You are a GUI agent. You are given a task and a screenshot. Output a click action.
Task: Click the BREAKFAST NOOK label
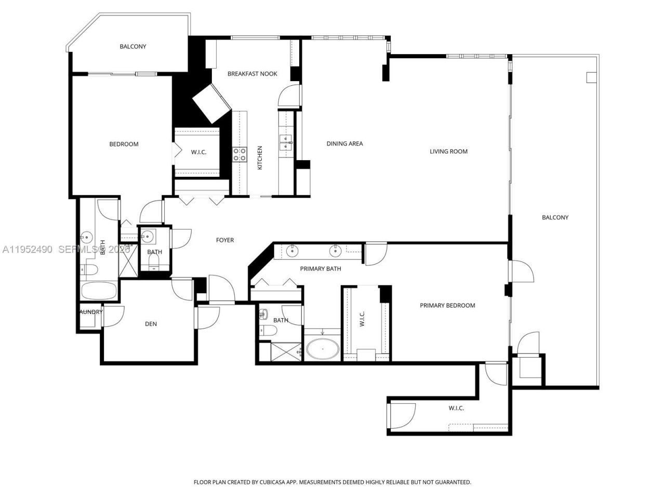pos(252,74)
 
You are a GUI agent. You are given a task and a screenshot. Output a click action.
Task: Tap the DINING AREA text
pos(344,143)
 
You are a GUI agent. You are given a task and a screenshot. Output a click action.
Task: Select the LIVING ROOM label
pos(448,151)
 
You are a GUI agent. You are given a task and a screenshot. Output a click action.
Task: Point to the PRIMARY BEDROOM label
pos(447,305)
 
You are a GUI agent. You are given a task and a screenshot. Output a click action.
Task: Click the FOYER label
pos(225,240)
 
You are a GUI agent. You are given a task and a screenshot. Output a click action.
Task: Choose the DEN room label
pos(151,324)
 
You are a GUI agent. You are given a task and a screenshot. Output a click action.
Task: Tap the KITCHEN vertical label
pos(260,157)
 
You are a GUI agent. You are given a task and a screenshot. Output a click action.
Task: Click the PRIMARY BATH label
pos(321,268)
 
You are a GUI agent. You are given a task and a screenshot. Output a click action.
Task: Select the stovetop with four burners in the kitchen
pos(240,154)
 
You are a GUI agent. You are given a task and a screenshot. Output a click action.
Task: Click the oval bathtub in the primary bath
pos(322,349)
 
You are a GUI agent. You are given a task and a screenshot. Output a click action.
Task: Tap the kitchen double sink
pos(286,142)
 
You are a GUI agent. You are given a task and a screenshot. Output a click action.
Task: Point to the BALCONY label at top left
pos(133,46)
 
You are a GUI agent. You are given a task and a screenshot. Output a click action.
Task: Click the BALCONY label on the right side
pos(555,217)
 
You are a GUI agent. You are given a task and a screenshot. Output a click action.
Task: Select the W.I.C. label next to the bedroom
pos(198,152)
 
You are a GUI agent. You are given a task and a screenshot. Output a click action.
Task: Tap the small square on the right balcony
pos(591,77)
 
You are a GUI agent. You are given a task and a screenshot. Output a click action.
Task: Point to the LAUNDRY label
pos(90,312)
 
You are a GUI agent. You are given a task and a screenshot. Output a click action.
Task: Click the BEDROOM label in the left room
pos(124,144)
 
